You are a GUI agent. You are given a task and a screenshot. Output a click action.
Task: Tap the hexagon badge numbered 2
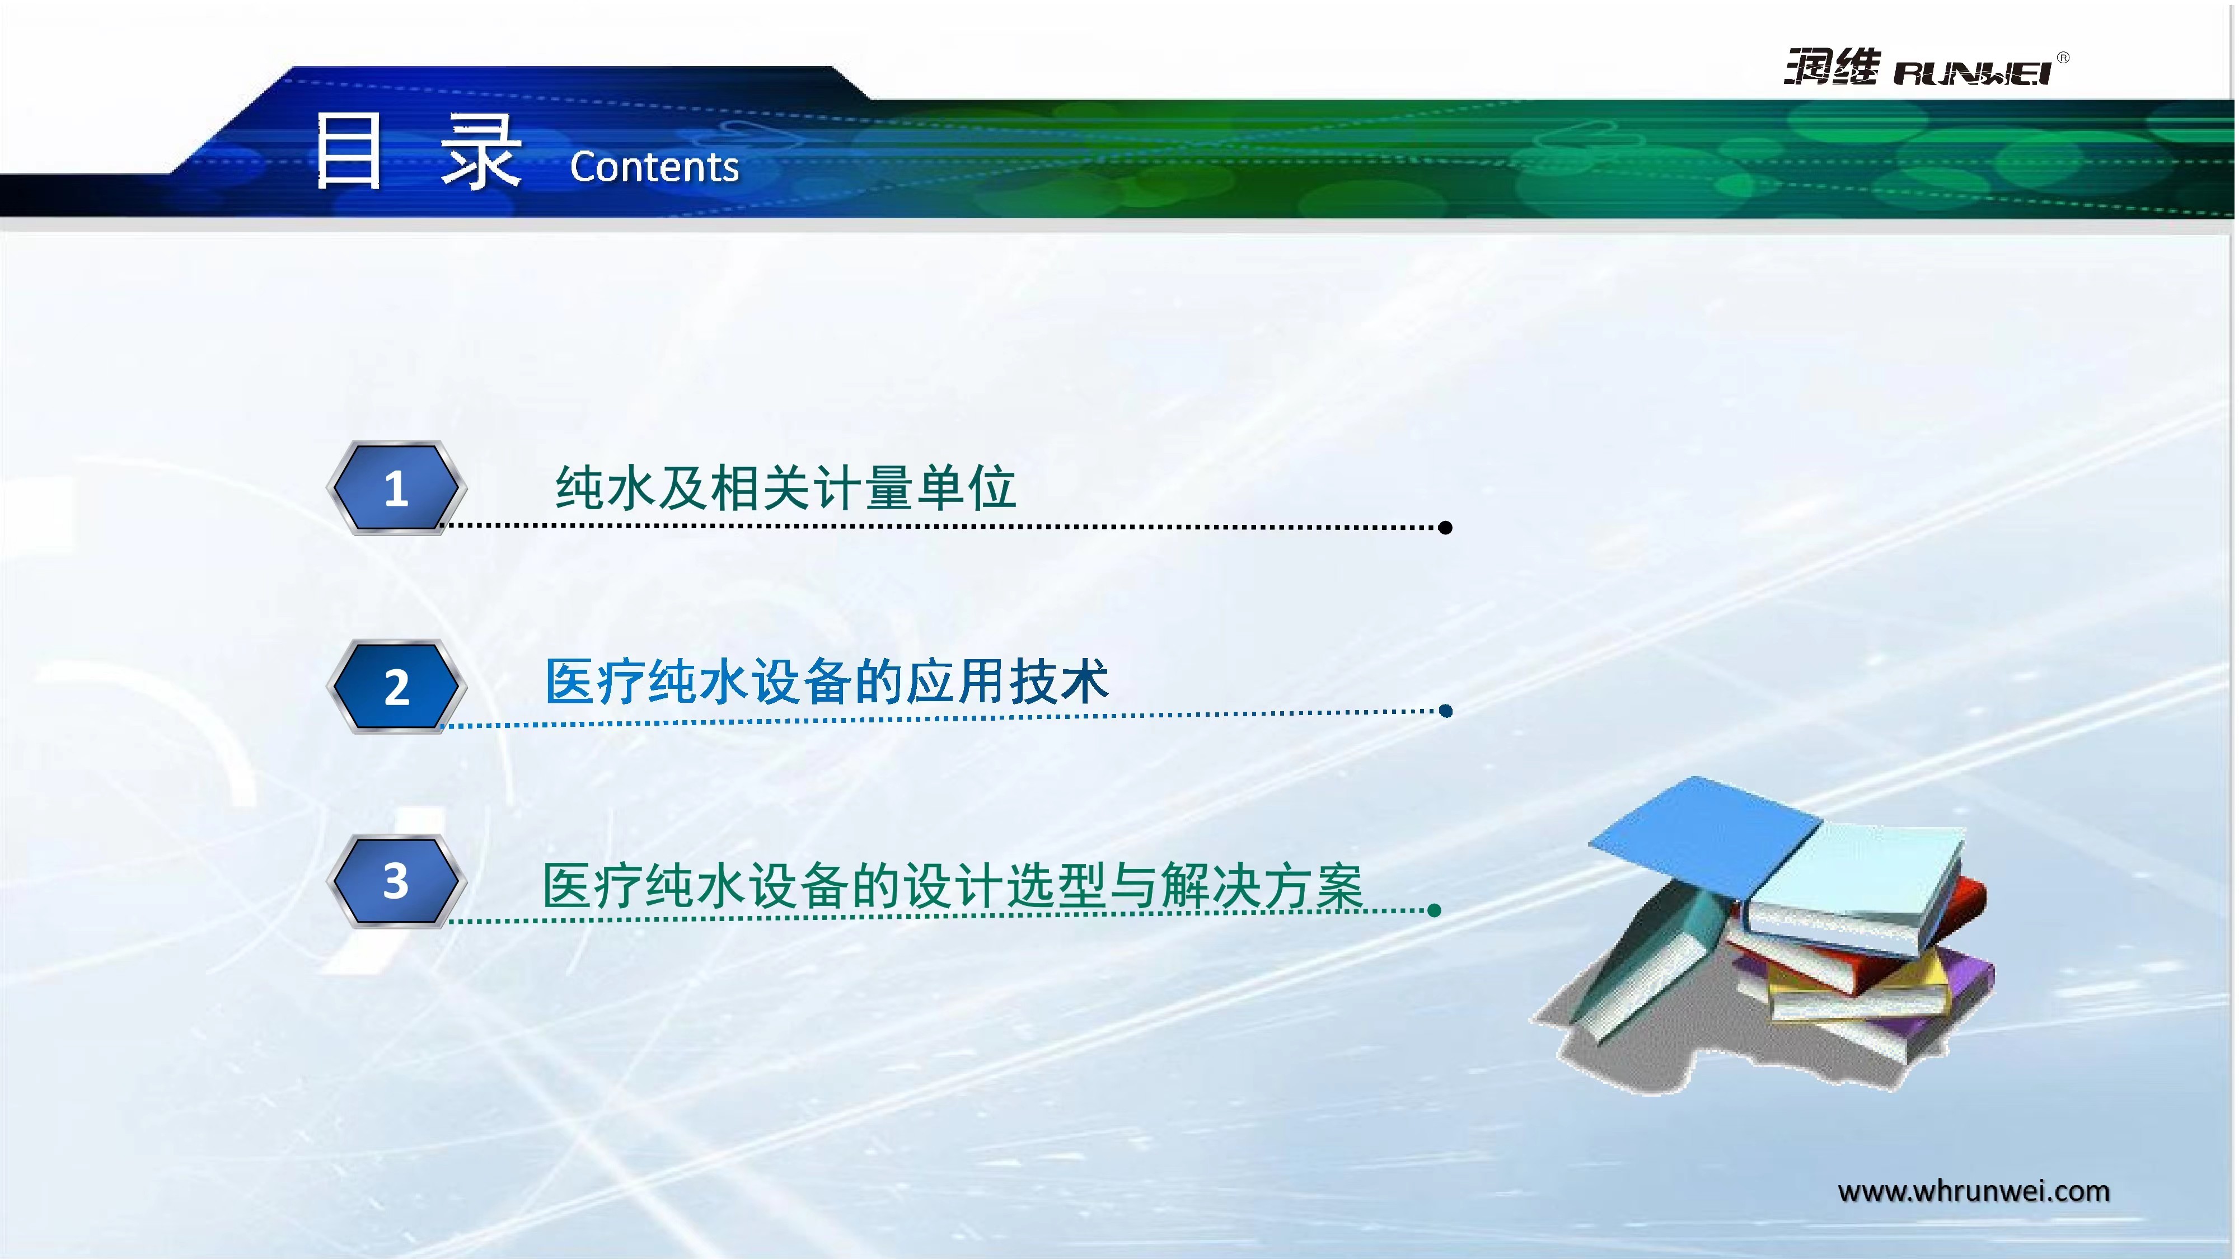[396, 687]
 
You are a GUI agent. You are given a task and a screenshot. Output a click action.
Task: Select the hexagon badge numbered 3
[396, 881]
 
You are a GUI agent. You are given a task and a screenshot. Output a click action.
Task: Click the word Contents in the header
[654, 167]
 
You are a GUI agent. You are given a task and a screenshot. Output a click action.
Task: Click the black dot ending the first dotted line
[1445, 528]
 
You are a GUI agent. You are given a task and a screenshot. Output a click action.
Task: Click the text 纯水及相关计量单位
[786, 487]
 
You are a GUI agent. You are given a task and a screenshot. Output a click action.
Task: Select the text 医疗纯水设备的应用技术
[827, 680]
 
